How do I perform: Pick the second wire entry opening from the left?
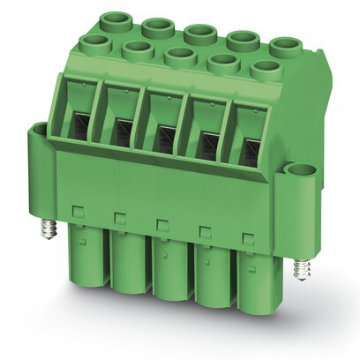(122, 128)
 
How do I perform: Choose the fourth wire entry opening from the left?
(208, 139)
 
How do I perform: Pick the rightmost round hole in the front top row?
(264, 69)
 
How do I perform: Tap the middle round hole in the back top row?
(199, 33)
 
